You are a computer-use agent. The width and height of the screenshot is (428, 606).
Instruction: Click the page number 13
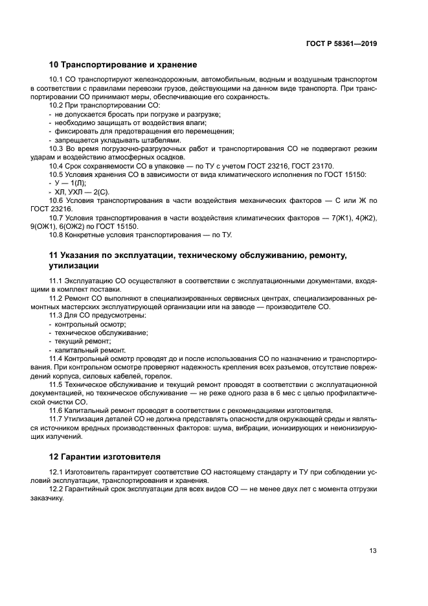(x=373, y=551)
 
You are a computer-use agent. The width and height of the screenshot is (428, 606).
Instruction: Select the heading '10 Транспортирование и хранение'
(x=123, y=65)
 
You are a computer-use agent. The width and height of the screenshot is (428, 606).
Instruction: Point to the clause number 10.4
(x=57, y=166)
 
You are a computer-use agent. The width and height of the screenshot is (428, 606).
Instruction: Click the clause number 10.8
(x=57, y=235)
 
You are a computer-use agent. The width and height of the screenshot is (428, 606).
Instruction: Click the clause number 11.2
(x=57, y=297)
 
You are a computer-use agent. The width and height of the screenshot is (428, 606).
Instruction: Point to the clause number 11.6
(x=57, y=410)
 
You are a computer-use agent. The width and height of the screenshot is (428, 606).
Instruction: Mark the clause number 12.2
(x=57, y=488)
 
